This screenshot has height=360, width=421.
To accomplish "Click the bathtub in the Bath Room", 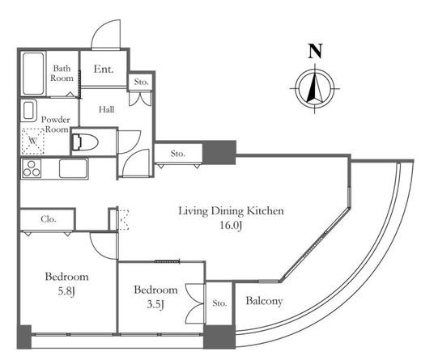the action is pos(33,74).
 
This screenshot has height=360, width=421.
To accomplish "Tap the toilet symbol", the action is pos(84,142).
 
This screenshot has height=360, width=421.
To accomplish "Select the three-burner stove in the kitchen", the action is pos(32,169).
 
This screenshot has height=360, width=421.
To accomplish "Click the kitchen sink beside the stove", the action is pos(73,169).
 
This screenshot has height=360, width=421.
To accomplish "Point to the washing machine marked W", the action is pos(33,141).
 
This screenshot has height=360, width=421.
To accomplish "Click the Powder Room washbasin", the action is pos(29,111).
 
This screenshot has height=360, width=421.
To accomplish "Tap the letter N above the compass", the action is pos(315,51).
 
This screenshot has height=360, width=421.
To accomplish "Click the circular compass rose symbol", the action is pos(315,88).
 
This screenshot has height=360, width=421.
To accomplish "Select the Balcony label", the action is pos(264,301).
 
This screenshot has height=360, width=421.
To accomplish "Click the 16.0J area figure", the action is pos(231,225).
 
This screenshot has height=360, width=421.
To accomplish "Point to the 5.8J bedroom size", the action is pos(66,291).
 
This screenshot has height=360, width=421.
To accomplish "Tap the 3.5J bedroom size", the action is pos(155,304).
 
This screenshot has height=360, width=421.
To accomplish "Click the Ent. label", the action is pos(104,69).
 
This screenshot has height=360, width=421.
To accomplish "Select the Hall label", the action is pos(106,109).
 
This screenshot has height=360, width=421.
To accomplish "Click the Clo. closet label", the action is pos(49,219).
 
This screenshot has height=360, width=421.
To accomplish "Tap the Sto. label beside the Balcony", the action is pos(219,303).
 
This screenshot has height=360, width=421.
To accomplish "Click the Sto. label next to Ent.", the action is pos(142,82).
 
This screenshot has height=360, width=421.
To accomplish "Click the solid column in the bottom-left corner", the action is pos(24,337).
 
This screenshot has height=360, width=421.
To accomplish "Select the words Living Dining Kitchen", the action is pos(232,211).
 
